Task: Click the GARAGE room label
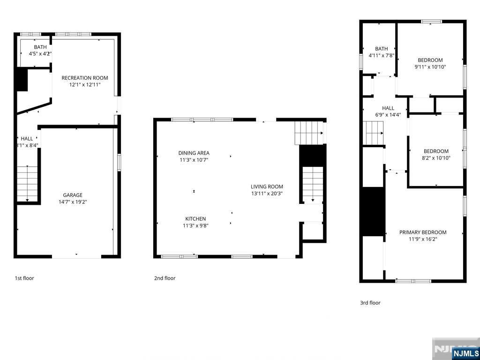[73, 195]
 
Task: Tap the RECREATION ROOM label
[85, 78]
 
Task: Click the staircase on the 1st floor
[27, 183]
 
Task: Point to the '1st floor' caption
[24, 278]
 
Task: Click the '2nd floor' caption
[165, 278]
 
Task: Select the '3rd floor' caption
[370, 303]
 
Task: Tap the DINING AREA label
[194, 153]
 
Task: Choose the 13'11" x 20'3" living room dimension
[267, 193]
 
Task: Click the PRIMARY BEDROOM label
[423, 232]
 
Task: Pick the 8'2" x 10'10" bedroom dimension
[436, 158]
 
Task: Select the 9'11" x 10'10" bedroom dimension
[430, 67]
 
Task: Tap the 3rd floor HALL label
[388, 108]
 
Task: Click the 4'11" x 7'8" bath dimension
[382, 55]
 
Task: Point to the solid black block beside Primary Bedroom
[374, 211]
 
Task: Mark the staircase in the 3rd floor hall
[375, 133]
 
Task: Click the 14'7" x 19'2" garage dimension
[73, 202]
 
